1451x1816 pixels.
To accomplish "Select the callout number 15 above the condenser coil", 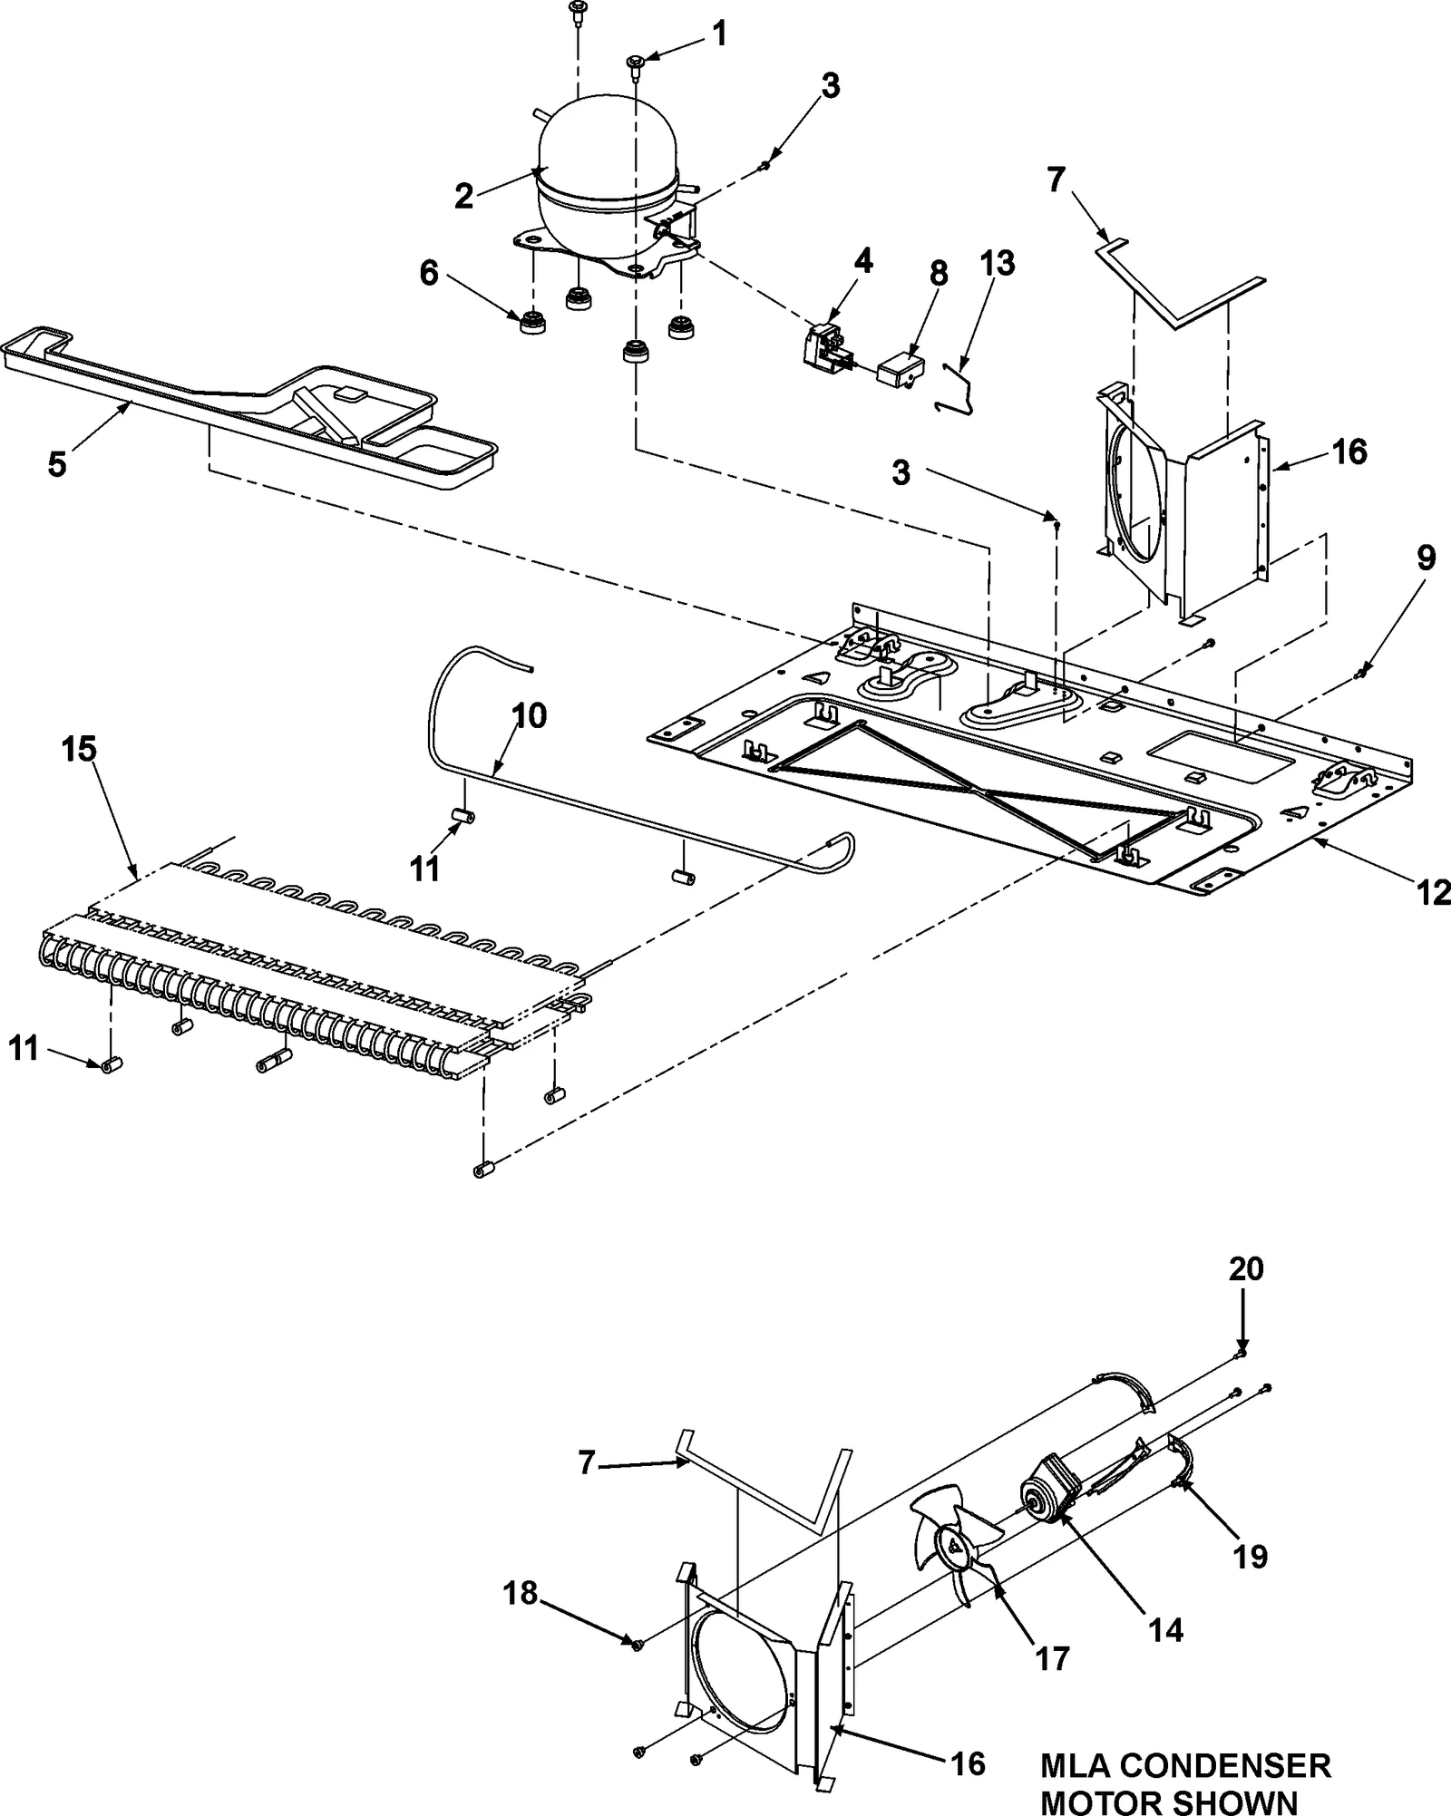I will click(79, 750).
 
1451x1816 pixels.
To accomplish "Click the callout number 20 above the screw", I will click(1246, 1269).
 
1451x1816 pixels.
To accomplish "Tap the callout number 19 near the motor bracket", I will click(1251, 1558).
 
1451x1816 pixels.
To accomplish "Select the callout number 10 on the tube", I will click(530, 716).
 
